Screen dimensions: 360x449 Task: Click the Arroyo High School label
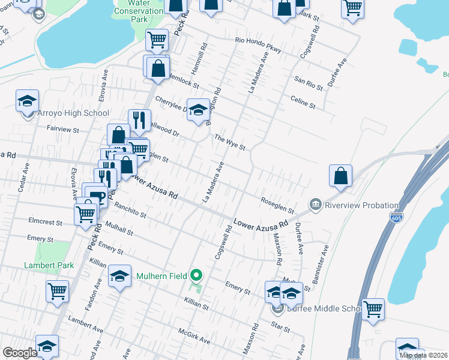pyautogui.click(x=73, y=113)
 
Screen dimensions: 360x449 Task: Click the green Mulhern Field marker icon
pyautogui.click(x=196, y=276)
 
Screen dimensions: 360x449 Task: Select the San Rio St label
pyautogui.click(x=309, y=83)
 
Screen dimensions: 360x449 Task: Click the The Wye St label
pyautogui.click(x=231, y=143)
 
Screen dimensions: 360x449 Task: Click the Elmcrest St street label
pyautogui.click(x=45, y=222)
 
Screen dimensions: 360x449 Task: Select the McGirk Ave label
pyautogui.click(x=194, y=336)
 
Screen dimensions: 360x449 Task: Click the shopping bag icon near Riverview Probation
pyautogui.click(x=340, y=176)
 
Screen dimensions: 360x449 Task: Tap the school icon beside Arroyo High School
pyautogui.click(x=27, y=101)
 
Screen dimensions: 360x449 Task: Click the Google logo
pyautogui.click(x=20, y=353)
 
